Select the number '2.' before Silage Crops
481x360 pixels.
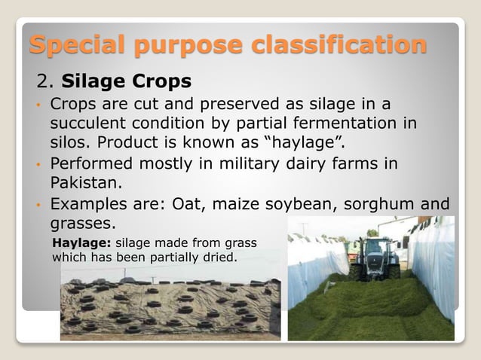pyautogui.click(x=47, y=80)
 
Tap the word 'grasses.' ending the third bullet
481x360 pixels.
pyautogui.click(x=84, y=223)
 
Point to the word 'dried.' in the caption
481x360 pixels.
pyautogui.click(x=218, y=257)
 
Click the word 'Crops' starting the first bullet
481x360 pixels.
pyautogui.click(x=74, y=102)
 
